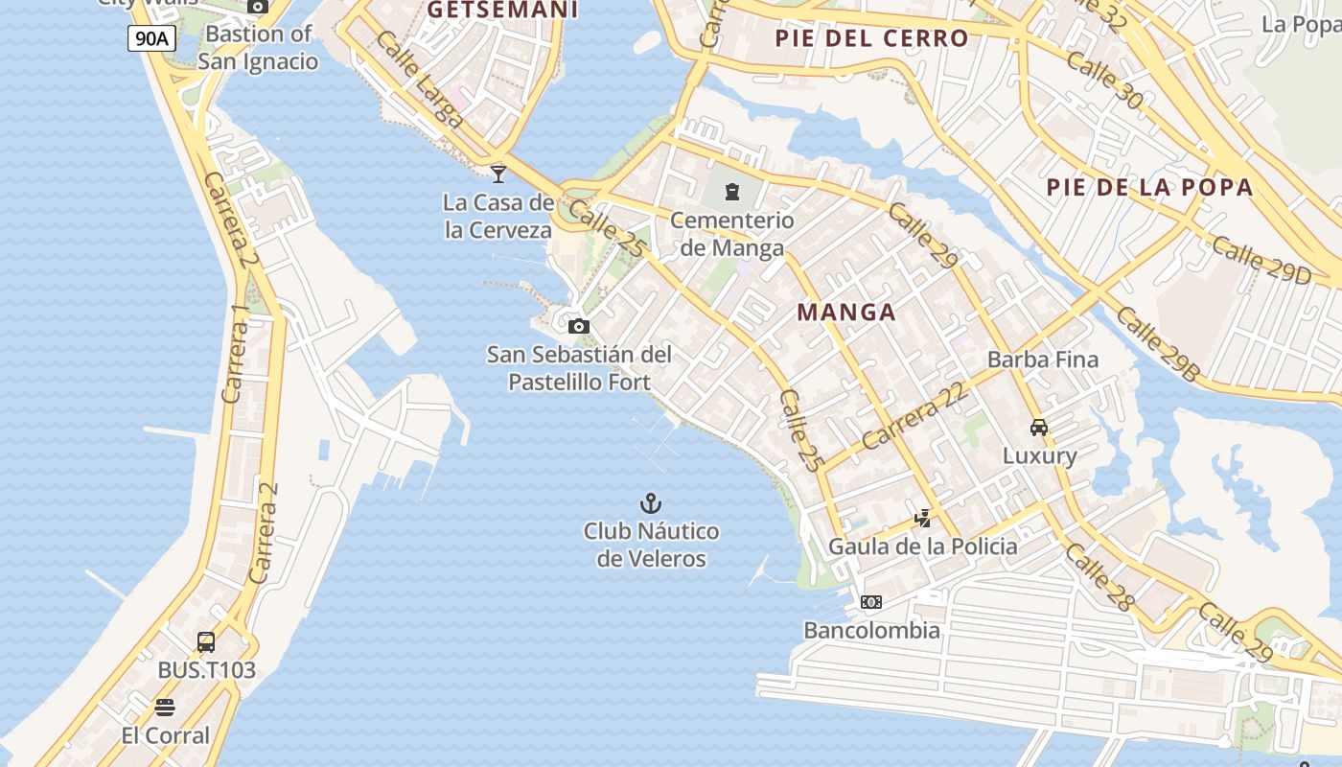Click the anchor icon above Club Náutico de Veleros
pos(651,502)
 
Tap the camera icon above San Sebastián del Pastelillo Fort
pos(578,326)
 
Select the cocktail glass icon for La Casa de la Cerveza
pos(498,174)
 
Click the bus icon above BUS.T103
pos(206,641)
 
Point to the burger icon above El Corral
pos(165,708)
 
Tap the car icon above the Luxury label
pos(1039,427)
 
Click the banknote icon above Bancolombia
pos(871,602)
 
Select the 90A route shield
pos(151,38)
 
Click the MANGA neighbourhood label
pos(846,312)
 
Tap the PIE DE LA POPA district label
pos(1149,187)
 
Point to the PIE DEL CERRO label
pos(871,38)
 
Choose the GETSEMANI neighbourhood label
pos(502,10)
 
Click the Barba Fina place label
pos(1043,360)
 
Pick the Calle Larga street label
pos(420,81)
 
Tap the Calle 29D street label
pos(1261,260)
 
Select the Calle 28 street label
pos(1099,577)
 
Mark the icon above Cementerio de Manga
pos(733,192)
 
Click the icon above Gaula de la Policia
pos(922,519)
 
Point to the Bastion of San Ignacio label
pos(258,48)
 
